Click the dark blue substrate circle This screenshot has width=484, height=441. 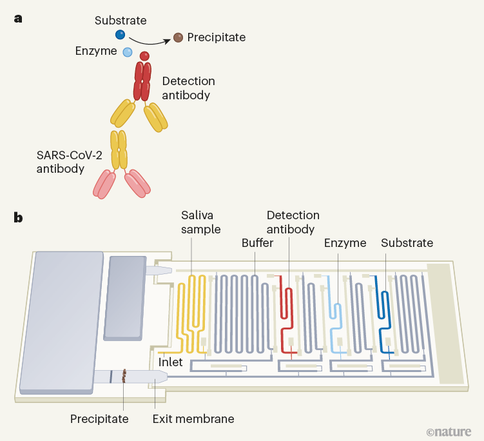[x=120, y=35]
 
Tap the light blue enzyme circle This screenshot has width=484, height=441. [x=128, y=52]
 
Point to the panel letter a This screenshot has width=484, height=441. [x=18, y=18]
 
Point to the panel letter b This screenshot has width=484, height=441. [x=19, y=218]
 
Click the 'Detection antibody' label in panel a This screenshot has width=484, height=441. [x=188, y=88]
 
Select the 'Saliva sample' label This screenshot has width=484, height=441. [x=200, y=222]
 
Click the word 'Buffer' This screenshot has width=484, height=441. [x=258, y=243]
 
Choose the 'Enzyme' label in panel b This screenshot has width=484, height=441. [x=345, y=243]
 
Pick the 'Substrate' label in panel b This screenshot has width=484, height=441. [x=407, y=243]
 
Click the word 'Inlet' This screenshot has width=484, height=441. [x=170, y=362]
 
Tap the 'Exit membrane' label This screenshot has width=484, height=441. [x=193, y=419]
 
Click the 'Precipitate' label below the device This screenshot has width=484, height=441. [x=99, y=419]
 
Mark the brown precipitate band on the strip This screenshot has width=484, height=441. [x=124, y=376]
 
